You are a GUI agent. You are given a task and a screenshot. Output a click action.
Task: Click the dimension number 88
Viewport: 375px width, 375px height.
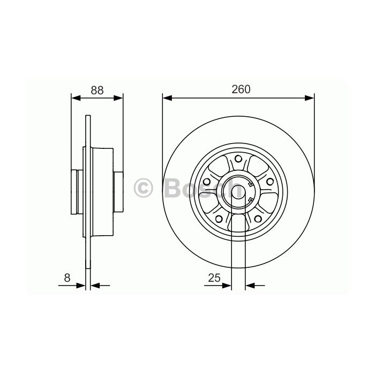pos(97,90)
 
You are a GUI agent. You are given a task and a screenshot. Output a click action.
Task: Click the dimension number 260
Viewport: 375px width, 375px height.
pos(241,89)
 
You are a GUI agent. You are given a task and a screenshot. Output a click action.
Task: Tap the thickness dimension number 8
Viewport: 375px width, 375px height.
pos(67,278)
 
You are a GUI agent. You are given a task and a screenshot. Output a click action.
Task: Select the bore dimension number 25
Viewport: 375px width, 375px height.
pos(214,278)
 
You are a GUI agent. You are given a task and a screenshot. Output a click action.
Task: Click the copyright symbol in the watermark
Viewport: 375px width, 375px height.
pos(143,188)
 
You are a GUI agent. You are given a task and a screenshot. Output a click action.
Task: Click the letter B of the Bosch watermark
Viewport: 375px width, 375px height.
pos(172,188)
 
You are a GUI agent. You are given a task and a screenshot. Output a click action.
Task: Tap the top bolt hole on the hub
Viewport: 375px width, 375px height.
pos(238,159)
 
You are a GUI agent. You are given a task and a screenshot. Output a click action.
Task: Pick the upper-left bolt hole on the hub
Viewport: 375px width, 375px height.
pos(207,181)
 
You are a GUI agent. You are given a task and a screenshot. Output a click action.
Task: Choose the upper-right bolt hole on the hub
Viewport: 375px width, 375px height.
pos(270,182)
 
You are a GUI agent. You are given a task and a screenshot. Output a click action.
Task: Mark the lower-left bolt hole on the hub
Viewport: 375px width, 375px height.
pos(219,219)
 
